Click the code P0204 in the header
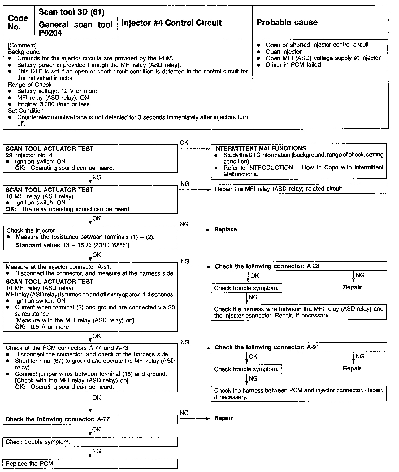pos(50,33)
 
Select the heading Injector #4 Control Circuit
pos(171,23)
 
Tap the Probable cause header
pos(287,22)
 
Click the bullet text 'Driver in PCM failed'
pos(293,65)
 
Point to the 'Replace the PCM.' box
pos(90,464)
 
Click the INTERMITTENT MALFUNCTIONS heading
pos(260,148)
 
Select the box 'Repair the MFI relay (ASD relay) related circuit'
pos(299,189)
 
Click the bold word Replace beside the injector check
pos(225,229)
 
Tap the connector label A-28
pos(313,266)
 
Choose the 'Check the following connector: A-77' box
pos(90,419)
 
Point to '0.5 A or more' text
pos(50,327)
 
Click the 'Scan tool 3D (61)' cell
pos(72,12)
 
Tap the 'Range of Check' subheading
pos(30,85)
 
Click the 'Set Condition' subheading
pos(26,111)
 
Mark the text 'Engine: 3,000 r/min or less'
pos(53,104)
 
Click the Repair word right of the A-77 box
pos(223,418)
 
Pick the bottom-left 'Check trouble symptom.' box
pos(90,442)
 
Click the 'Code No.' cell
pos(18,23)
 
